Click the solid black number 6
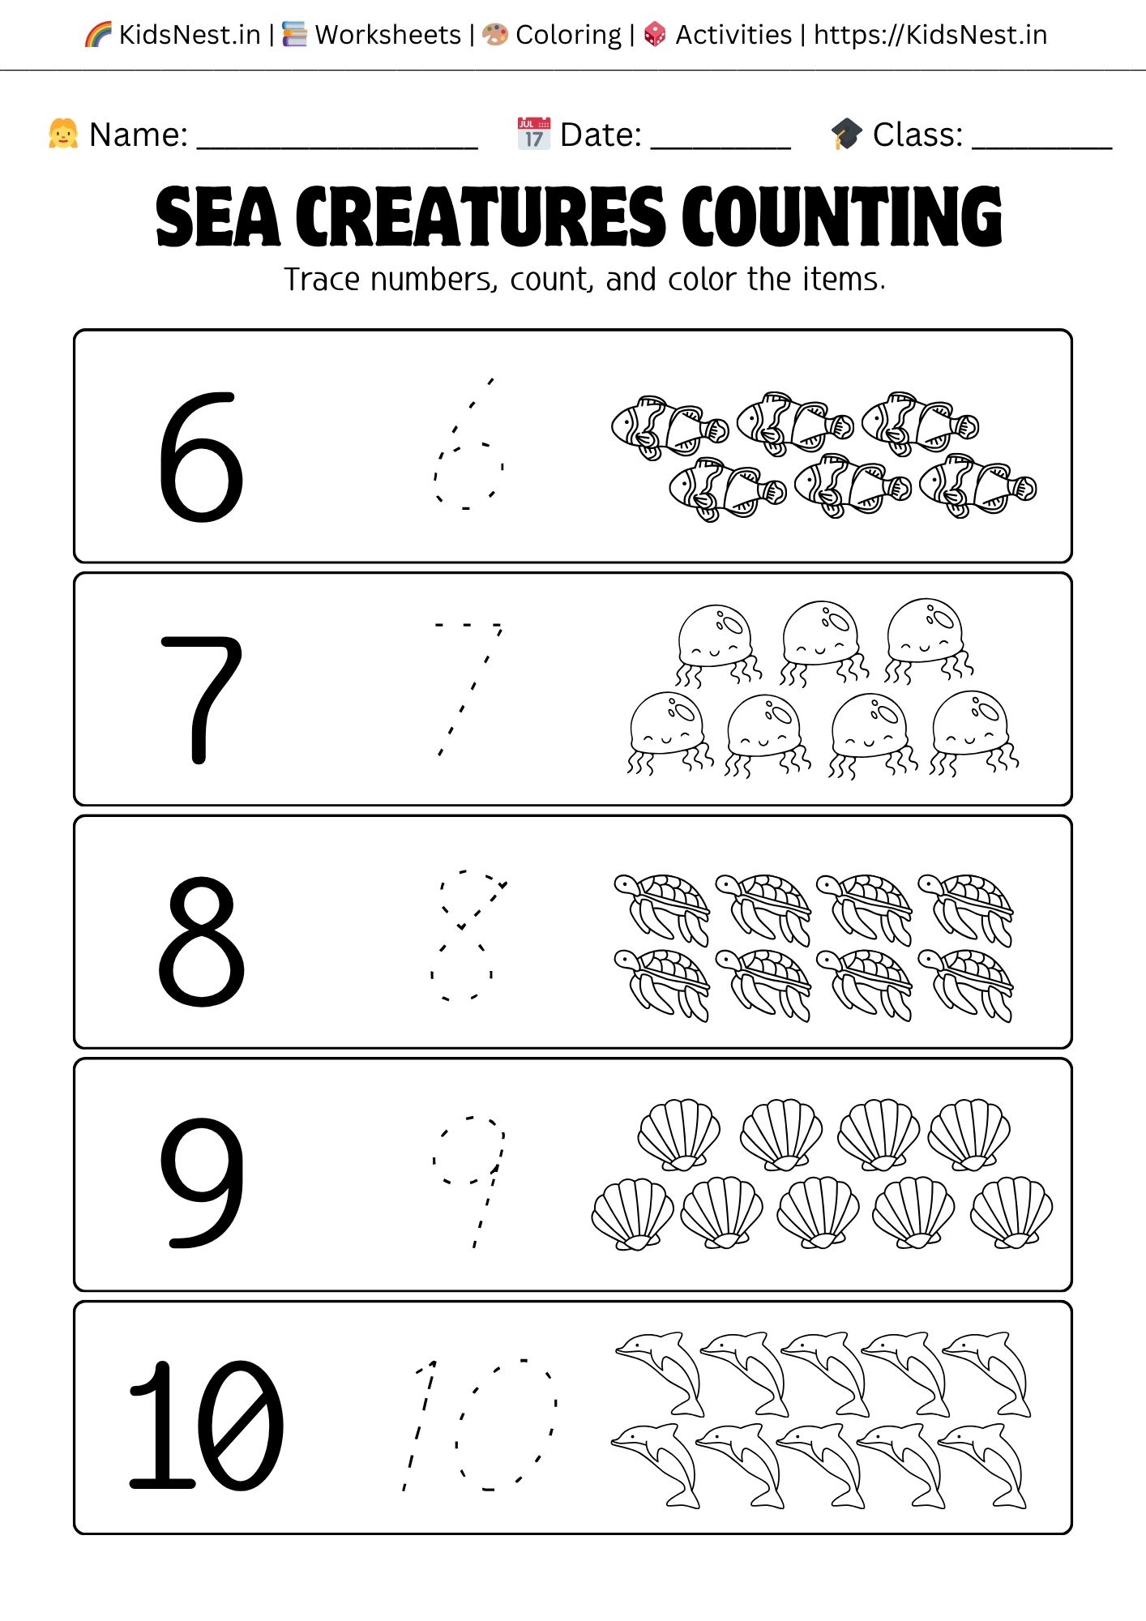point(200,458)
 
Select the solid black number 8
point(201,942)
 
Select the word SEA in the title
point(217,216)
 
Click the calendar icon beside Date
point(533,134)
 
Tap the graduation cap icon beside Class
point(847,134)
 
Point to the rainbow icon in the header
point(98,35)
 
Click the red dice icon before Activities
point(655,35)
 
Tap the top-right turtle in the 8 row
point(966,908)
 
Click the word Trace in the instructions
point(321,280)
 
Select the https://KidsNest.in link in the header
point(930,35)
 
